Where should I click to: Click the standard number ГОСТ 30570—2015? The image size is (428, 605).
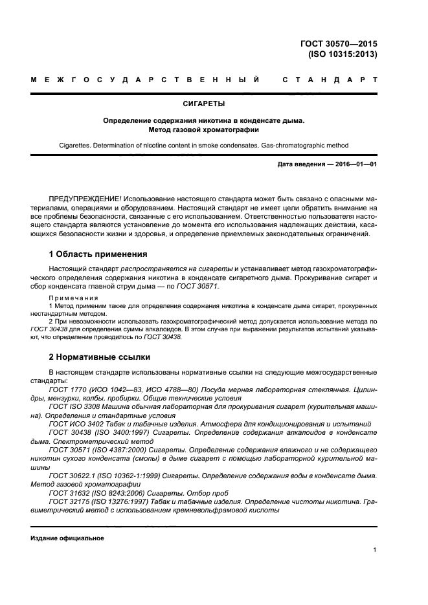coord(339,43)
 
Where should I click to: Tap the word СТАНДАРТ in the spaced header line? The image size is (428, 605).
coord(330,80)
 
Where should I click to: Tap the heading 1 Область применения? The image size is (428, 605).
coord(98,254)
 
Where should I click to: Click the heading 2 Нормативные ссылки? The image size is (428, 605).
coord(100,357)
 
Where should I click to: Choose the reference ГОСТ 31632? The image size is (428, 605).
coord(67,492)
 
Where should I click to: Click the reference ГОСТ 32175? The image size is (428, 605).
coord(67,501)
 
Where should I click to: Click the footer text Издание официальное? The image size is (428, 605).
coord(67,538)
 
